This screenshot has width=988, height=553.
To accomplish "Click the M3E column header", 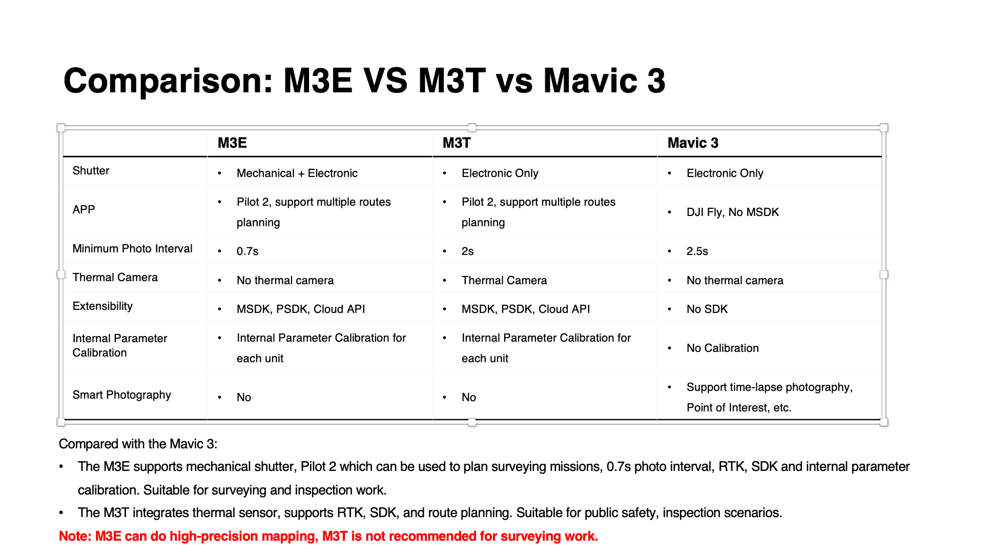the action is pos(232,143).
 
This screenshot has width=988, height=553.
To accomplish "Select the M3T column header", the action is pos(457,143).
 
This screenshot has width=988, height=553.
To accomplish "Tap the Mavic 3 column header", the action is pos(693,143).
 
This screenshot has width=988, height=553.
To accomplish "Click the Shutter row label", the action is pos(91,170).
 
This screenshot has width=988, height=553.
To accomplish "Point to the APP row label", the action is pos(84,209).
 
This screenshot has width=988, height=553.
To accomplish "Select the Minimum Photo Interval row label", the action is pos(132,248).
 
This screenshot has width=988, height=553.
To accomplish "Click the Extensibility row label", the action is pos(102,306).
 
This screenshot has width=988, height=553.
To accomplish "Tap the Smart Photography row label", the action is pos(121,394).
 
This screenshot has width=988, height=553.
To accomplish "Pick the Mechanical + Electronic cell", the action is pos(297,173).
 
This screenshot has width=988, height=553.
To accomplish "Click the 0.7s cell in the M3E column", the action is pos(248,251).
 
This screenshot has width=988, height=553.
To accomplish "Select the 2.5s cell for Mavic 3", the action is pos(697,251).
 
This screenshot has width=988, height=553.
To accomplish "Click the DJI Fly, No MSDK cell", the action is pos(733,212).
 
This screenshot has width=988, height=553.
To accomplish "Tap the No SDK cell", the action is pos(707,309).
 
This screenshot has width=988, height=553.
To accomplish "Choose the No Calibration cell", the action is pos(723,348).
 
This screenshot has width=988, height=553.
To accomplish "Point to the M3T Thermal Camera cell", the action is pos(504,280).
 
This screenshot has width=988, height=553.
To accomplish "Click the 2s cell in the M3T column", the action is pos(467,251).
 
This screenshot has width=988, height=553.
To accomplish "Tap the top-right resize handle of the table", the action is pos(884,128).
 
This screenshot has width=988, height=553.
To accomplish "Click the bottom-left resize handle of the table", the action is pos(61,422).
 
